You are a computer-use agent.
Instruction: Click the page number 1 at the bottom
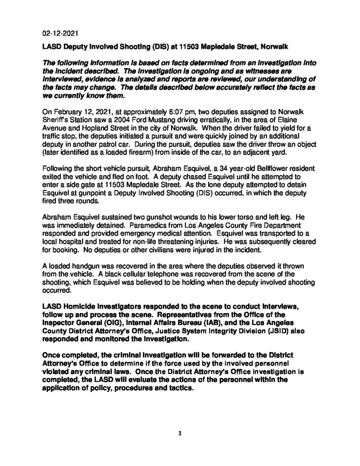tap(180, 433)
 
